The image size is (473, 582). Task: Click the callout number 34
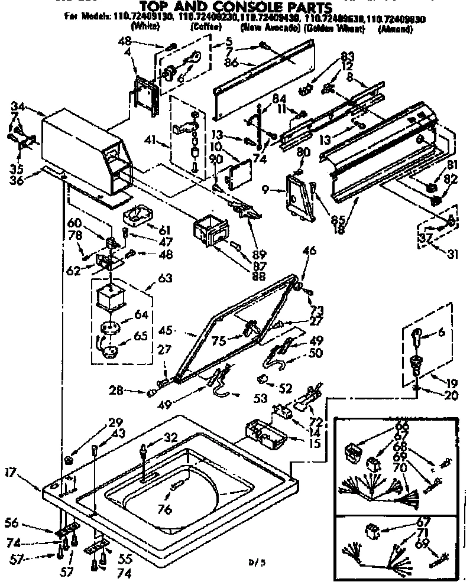[18, 106]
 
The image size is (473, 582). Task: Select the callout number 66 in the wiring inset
[402, 426]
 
